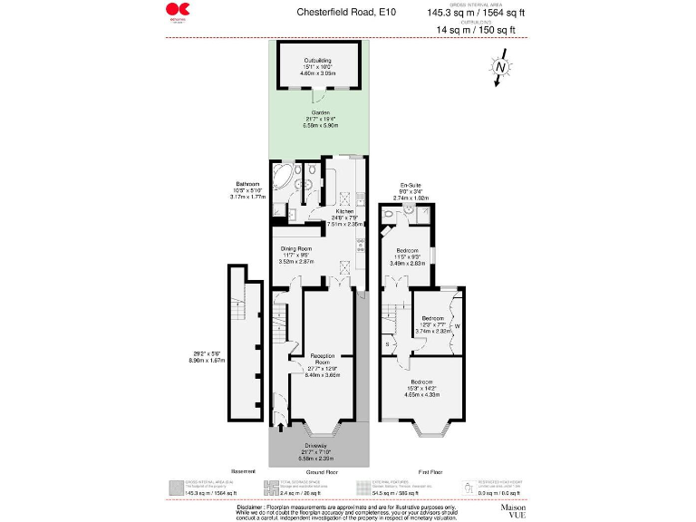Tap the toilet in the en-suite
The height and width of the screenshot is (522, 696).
click(389, 215)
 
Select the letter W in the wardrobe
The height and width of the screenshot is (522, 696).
click(457, 326)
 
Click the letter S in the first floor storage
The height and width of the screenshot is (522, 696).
click(388, 344)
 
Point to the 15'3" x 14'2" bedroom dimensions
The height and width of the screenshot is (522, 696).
click(421, 389)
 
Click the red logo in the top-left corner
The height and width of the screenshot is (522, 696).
click(179, 12)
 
